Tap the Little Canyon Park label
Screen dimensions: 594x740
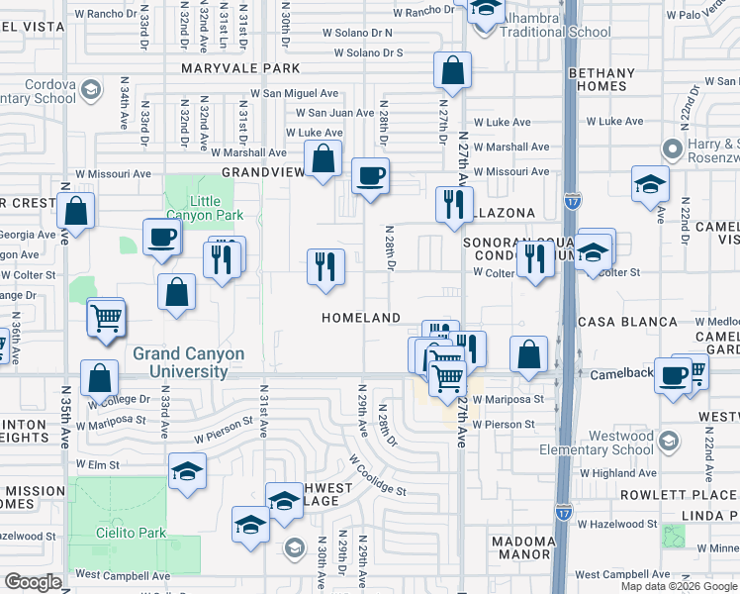point(204,208)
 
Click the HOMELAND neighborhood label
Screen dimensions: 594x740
point(361,318)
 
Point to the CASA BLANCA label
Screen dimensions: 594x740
point(627,322)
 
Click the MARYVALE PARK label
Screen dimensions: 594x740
point(239,68)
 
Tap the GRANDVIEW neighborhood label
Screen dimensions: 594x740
point(262,171)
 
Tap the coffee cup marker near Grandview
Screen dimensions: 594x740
point(371,177)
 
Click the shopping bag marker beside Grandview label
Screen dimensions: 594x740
point(324,157)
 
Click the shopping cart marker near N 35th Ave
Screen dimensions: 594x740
point(106,318)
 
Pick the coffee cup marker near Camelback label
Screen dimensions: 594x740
point(673,376)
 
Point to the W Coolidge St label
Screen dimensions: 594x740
point(377,475)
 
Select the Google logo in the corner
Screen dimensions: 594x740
point(34,581)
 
